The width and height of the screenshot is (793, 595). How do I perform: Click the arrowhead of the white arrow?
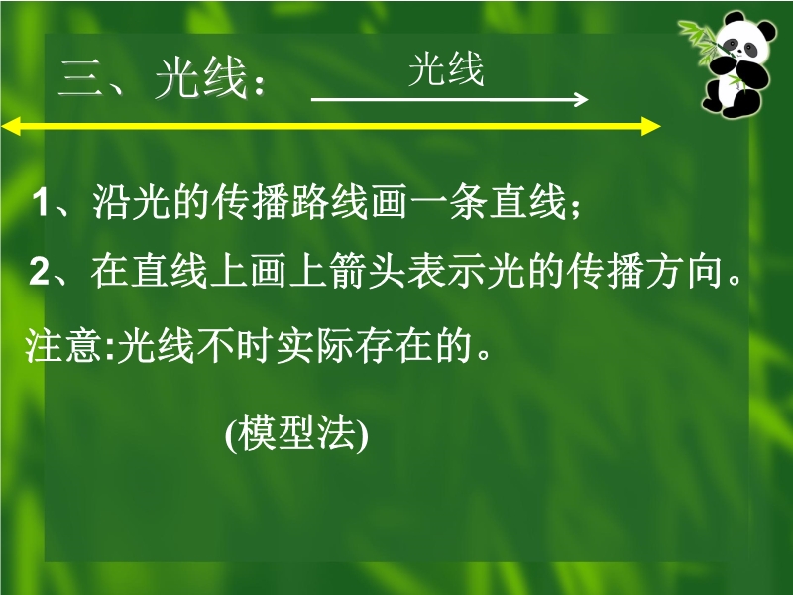point(581,99)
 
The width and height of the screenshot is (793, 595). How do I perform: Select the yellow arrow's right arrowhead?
point(651,126)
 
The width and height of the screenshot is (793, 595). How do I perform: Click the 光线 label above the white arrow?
point(446,69)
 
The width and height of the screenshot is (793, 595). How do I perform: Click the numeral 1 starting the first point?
point(41,203)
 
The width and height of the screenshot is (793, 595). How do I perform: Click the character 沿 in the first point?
point(111,202)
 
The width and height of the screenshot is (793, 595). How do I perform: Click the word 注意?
point(63,346)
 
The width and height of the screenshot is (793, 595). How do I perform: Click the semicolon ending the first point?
point(575,208)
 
